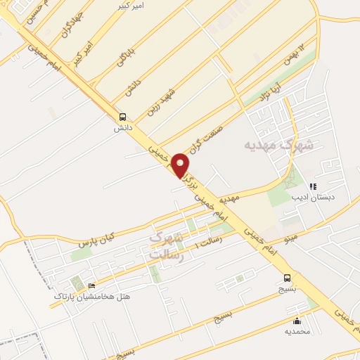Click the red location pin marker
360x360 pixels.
(181, 165)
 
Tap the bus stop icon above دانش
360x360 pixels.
(123, 117)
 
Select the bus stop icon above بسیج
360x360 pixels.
(287, 277)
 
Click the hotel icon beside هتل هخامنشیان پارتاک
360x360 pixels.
(91, 285)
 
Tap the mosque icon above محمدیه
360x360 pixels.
(295, 320)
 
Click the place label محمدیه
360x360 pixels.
(296, 330)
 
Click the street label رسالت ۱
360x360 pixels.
(207, 241)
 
